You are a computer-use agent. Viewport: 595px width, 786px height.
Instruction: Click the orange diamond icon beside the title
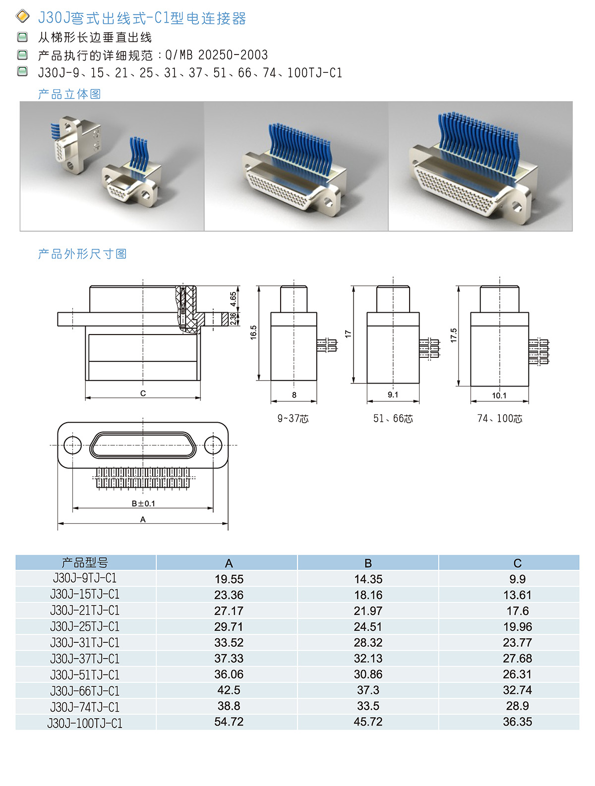[23, 16]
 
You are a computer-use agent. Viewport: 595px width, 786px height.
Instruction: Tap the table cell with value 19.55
[229, 579]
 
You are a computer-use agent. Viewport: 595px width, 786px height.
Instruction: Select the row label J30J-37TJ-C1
[84, 659]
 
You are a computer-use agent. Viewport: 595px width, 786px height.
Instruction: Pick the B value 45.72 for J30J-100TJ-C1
[368, 722]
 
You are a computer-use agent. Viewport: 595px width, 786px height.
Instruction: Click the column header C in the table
[517, 563]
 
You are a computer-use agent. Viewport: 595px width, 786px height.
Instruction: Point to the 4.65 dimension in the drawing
[233, 299]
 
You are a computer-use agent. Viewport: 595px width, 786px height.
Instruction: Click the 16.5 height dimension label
[253, 333]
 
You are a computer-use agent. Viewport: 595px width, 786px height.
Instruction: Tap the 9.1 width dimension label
[393, 394]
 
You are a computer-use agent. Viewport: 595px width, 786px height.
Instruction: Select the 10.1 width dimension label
[499, 395]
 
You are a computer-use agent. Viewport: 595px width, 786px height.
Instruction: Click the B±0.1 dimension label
[143, 504]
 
